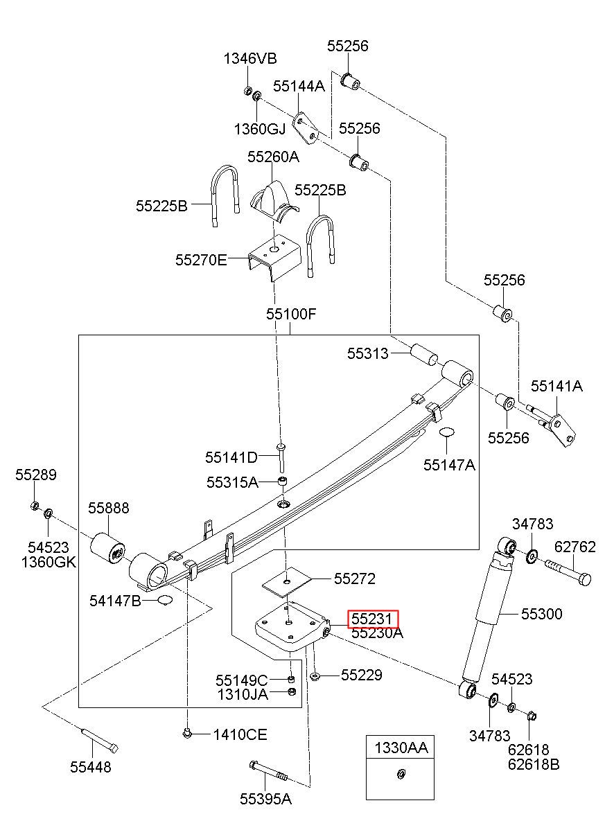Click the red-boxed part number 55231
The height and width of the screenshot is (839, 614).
click(374, 618)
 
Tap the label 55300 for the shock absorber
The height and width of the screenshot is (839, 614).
click(542, 614)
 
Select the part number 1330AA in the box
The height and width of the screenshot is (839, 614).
click(401, 748)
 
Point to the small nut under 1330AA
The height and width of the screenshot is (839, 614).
click(401, 773)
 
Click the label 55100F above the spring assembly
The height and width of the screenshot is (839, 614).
click(291, 314)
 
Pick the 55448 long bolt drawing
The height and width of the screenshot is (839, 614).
click(98, 739)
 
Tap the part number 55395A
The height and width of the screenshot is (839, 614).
click(266, 799)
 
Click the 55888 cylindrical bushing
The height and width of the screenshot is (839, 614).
click(109, 547)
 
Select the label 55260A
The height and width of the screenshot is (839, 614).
click(274, 157)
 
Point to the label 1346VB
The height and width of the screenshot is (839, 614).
click(249, 58)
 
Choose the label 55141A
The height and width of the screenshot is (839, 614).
click(557, 387)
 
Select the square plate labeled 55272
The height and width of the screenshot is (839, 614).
click(287, 580)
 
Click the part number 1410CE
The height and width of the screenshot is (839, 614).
click(240, 734)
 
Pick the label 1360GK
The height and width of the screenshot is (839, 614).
click(48, 562)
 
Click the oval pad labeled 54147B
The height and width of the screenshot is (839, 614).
click(164, 600)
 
